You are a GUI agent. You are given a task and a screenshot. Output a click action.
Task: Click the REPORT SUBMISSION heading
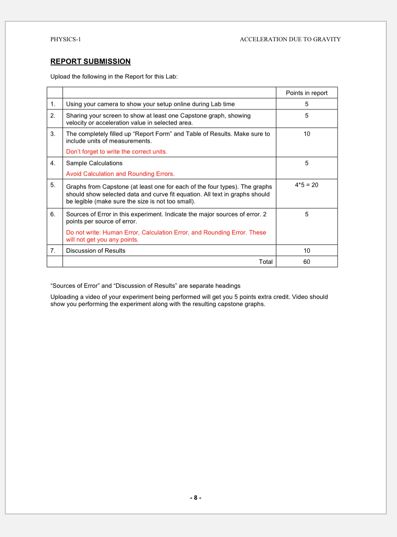90,62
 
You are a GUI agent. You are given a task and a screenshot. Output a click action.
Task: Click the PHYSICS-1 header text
66,39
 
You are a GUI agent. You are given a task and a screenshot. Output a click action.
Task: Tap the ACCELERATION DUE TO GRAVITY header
290,39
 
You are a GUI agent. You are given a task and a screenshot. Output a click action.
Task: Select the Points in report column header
307,93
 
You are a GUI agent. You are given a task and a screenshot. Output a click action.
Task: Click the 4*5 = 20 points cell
307,184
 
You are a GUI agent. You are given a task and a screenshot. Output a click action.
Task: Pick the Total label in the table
266,262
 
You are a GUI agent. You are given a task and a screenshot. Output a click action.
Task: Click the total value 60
307,262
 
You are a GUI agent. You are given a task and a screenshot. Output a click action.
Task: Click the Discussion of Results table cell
96,251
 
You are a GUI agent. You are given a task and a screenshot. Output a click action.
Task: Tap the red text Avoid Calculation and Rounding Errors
120,174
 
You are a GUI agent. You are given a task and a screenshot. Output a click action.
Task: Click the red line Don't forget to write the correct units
117,152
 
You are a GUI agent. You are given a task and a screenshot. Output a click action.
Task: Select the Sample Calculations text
94,163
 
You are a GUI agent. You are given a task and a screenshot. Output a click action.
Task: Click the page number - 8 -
195,498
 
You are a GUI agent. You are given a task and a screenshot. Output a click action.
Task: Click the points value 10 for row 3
307,133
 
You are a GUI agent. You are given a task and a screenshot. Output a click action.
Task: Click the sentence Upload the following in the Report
114,77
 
